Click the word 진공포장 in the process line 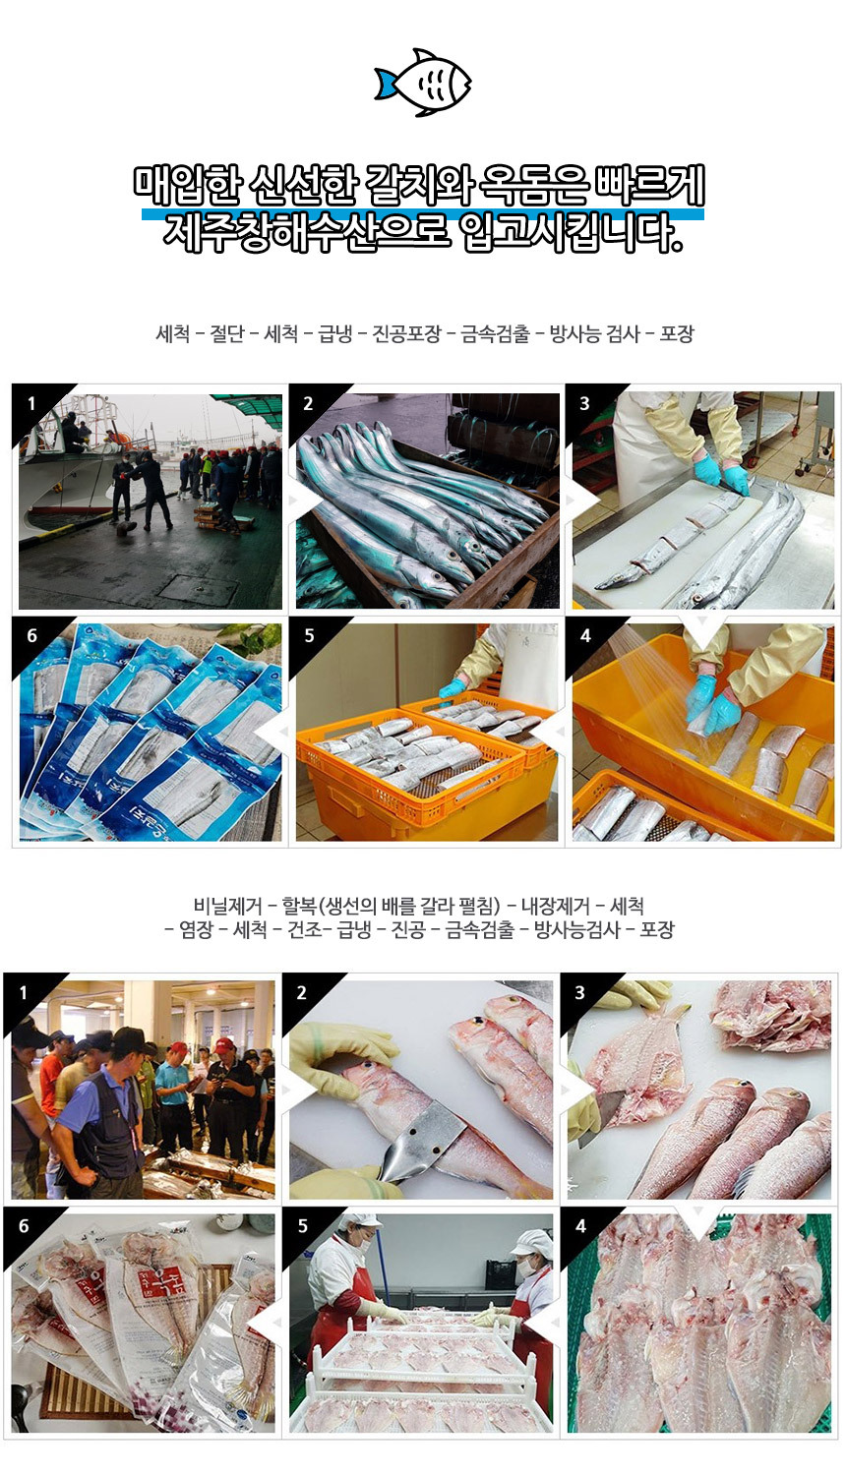[x=406, y=334]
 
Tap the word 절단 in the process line [x=226, y=334]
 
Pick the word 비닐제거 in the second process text [x=227, y=906]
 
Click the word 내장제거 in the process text [x=555, y=906]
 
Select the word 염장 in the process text [x=196, y=930]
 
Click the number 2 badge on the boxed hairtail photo [x=308, y=403]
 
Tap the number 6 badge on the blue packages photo [x=31, y=635]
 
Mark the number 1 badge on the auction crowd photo [x=23, y=992]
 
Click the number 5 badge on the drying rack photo [x=302, y=1225]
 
